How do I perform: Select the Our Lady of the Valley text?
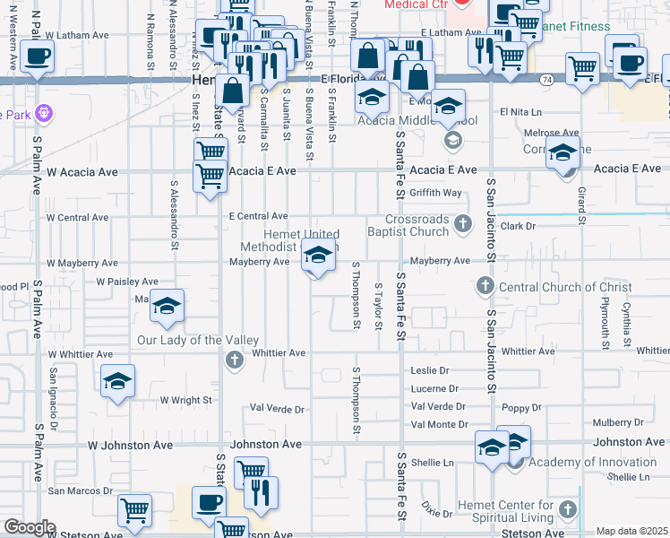point(198,341)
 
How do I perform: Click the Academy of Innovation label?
point(592,462)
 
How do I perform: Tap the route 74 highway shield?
point(546,79)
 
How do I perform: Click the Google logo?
point(30,527)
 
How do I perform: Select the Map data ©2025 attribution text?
point(631,531)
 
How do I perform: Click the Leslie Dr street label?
point(429,370)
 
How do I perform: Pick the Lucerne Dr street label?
point(434,388)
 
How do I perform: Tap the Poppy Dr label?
point(524,407)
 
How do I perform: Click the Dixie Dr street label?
point(438,513)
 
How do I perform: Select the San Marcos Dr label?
point(81,490)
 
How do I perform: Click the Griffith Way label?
point(435,193)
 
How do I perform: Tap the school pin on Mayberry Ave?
point(316,256)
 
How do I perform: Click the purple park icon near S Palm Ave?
point(46,114)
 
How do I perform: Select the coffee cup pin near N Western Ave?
point(37,56)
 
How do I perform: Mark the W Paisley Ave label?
point(127,282)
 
